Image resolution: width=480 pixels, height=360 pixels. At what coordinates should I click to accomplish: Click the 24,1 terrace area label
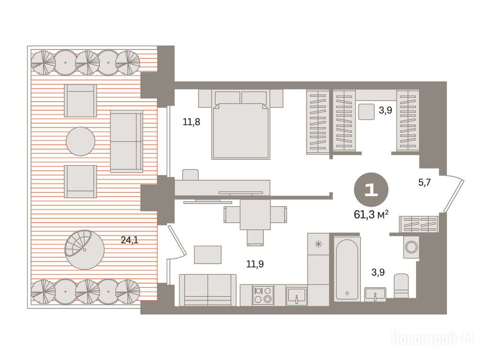129,240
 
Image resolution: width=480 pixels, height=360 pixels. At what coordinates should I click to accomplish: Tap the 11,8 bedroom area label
191,122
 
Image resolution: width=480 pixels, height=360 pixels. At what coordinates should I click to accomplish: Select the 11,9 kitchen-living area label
255,264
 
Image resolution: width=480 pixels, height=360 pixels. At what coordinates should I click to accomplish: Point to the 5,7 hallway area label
425,183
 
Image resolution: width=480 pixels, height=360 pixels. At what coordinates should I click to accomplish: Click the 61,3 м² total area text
371,215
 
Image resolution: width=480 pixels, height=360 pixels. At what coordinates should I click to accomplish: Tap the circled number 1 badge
371,190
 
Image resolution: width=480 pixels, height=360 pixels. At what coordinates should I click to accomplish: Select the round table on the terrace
81,141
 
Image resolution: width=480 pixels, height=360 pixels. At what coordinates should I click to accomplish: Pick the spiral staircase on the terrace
84,250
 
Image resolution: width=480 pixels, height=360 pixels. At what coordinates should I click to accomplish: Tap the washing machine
411,247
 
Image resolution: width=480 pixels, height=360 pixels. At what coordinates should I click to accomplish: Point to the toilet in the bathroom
401,285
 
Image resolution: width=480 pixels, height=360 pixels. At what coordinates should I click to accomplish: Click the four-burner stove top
263,295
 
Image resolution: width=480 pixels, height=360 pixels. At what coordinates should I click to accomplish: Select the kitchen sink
296,296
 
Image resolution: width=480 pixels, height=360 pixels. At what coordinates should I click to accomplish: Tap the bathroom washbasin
375,294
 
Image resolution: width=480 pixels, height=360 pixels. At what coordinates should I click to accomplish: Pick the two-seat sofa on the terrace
127,142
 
